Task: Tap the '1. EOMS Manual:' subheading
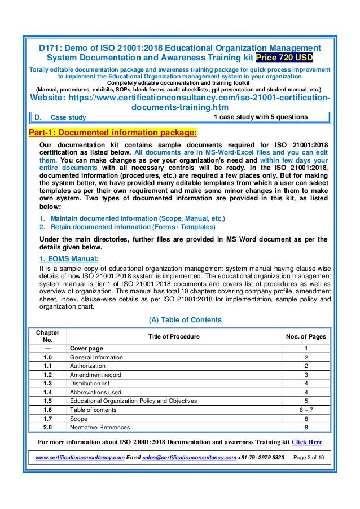[69, 259]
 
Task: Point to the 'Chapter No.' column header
[47, 336]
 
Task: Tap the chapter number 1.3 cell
[47, 383]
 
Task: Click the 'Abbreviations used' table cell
[95, 392]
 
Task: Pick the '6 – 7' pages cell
[306, 410]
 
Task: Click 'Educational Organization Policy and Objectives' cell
[133, 401]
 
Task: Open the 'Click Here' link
[306, 441]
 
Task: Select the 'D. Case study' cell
[59, 117]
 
